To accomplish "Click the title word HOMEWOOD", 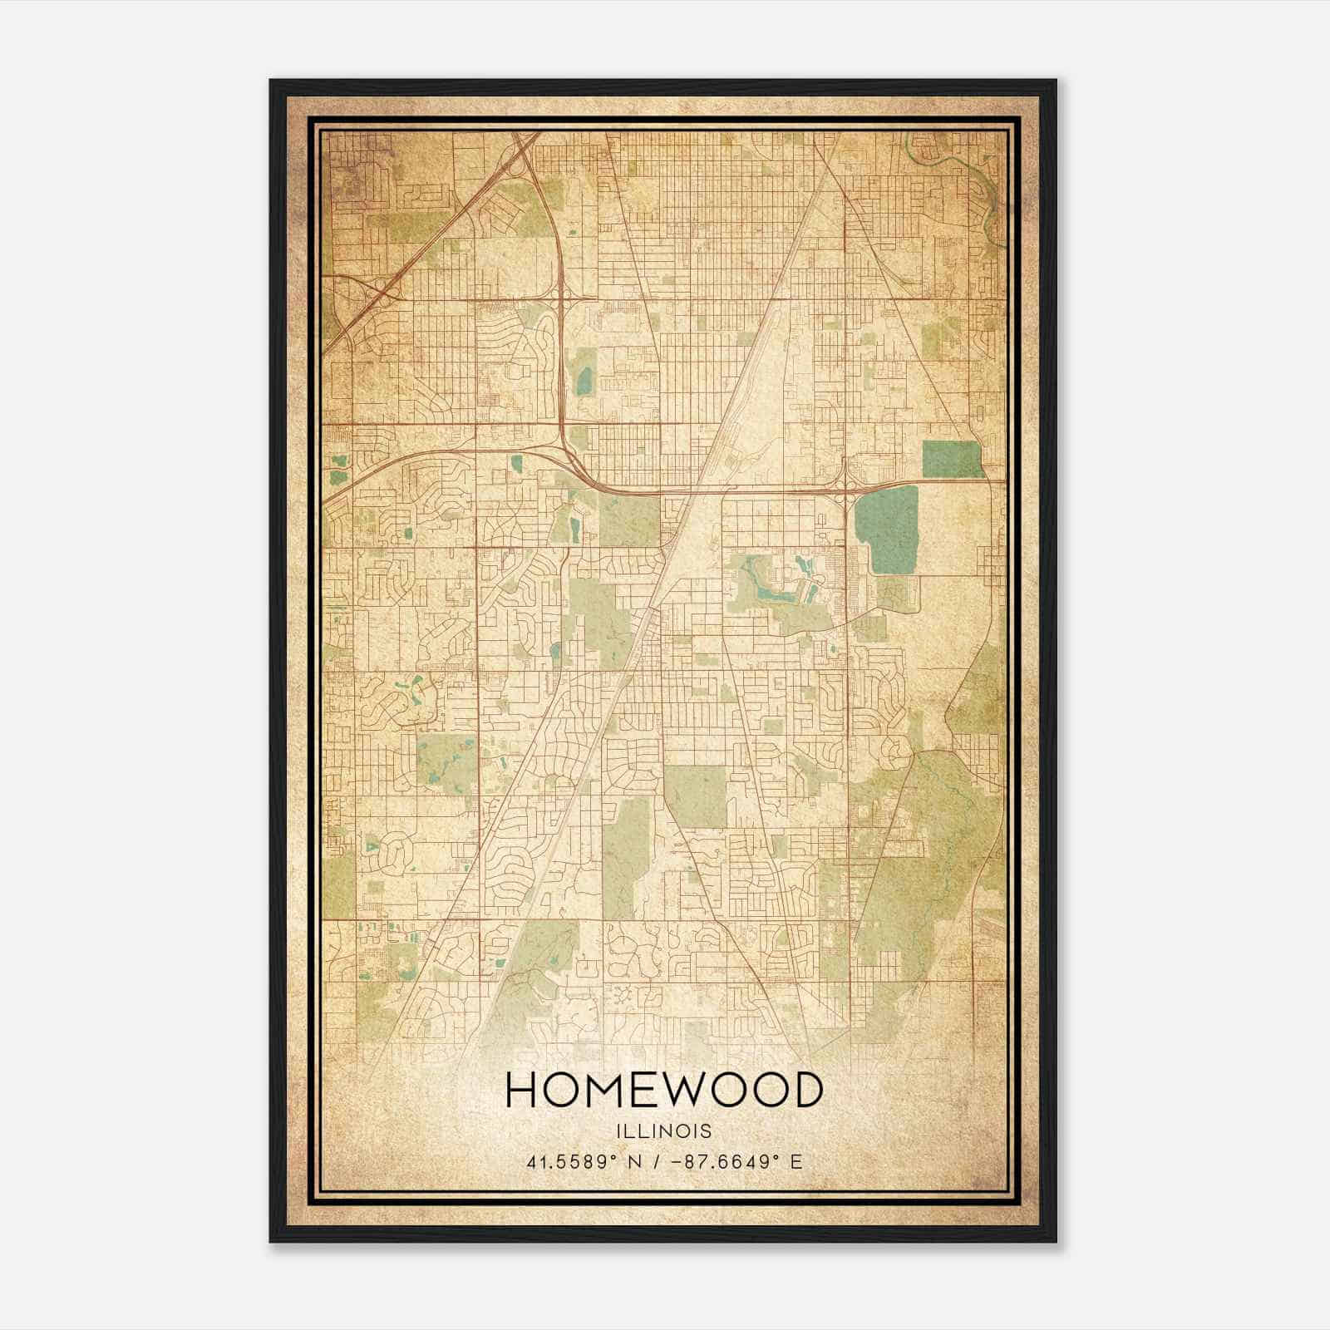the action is [x=664, y=1091].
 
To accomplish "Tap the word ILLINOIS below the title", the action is [x=664, y=1131].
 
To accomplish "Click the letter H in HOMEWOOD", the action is [x=521, y=1091].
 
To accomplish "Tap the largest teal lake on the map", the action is [x=887, y=530].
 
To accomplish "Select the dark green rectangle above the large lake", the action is [x=952, y=459].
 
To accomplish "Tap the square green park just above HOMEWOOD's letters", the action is [x=696, y=796].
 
